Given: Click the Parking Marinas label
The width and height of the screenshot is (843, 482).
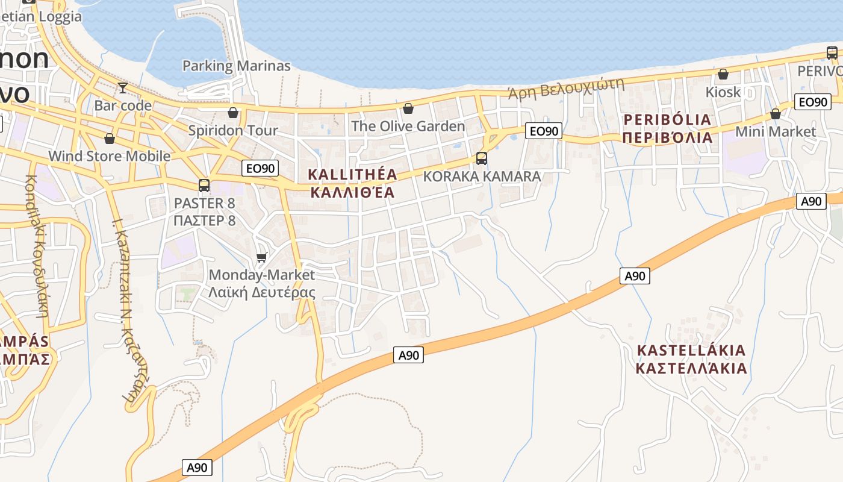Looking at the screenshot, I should coord(236,66).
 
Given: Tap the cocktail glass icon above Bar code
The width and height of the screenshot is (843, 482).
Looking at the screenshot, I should coord(123,88).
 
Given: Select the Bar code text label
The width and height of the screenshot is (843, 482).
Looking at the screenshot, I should coord(123,105).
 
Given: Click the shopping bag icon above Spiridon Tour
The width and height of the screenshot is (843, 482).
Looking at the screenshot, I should coord(233,113).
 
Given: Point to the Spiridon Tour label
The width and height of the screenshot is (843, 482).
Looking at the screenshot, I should coord(233,130).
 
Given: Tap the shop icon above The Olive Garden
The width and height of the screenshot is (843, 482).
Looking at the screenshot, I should coord(408,108).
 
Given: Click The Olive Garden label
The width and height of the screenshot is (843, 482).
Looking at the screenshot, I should coord(408,126).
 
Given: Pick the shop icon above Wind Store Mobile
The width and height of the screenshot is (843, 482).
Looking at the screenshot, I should coord(110,139).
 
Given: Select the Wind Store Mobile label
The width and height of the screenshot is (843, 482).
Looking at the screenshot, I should coord(110,156).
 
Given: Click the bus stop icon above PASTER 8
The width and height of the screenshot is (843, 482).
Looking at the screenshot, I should coord(204,185).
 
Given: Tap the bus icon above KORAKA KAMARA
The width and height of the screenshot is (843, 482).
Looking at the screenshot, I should coord(482,158).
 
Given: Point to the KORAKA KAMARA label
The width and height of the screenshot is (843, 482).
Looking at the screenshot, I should coord(482,177).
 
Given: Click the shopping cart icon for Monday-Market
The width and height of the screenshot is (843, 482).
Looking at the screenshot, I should coord(261,258).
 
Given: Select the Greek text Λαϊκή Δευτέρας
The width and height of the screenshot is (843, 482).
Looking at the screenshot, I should coord(261,293).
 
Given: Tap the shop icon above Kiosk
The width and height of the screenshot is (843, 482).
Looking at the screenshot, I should coord(723,75).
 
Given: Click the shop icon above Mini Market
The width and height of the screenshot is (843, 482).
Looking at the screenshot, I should coord(776,114).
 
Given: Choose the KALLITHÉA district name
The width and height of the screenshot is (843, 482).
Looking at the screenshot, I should coord(352,175).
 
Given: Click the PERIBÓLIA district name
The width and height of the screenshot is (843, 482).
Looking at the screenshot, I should coord(667,119).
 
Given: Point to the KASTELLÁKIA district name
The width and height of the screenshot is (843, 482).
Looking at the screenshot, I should coord(691,350).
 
